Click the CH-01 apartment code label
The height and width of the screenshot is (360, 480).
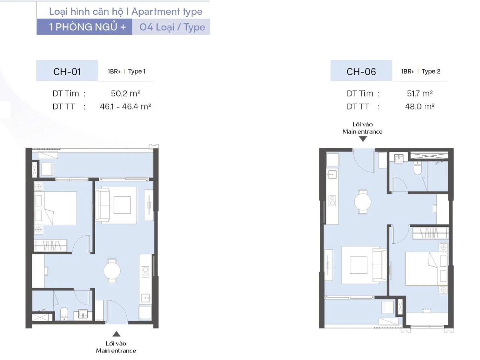click(67, 72)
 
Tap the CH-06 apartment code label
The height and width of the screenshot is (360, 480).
click(361, 72)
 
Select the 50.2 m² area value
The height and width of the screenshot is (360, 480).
click(125, 94)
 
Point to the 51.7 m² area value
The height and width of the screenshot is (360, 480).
click(420, 94)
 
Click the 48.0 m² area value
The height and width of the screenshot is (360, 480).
click(420, 106)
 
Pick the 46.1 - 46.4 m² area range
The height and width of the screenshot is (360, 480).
click(125, 106)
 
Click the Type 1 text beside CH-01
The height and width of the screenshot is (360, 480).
click(137, 72)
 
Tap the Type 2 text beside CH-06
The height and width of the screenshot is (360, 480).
click(431, 72)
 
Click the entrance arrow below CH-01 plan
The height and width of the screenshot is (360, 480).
click(116, 334)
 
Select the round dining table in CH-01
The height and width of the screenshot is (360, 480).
click(112, 271)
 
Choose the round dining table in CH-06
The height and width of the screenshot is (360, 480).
click(362, 202)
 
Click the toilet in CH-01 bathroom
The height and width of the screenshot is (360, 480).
click(64, 313)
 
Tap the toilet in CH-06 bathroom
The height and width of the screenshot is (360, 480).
click(418, 168)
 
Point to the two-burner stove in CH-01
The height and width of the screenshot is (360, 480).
click(146, 272)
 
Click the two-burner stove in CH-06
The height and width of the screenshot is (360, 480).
click(332, 201)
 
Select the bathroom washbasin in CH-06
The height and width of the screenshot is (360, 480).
click(399, 158)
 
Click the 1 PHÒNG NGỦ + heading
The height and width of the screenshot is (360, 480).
click(87, 27)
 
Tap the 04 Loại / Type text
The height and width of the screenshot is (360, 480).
click(172, 27)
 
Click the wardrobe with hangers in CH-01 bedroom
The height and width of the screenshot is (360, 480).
click(51, 246)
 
